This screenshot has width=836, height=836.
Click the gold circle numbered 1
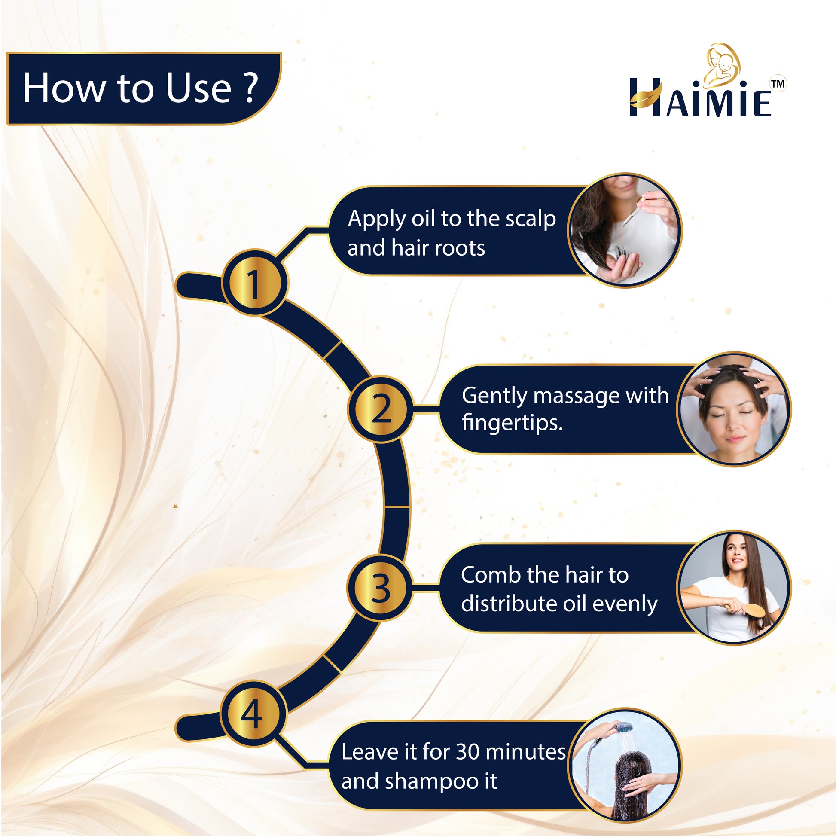click(x=254, y=284)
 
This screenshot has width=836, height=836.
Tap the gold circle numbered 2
click(x=381, y=409)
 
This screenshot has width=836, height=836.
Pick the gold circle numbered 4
click(x=252, y=714)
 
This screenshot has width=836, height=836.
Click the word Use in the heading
click(x=198, y=88)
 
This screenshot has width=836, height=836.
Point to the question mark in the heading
click(x=250, y=88)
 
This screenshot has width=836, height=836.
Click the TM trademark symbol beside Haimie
click(x=778, y=84)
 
